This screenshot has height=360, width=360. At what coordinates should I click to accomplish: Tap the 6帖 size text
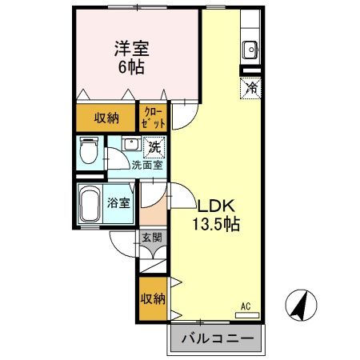click(131, 67)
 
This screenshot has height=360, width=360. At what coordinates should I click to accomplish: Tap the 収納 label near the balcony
click(153, 299)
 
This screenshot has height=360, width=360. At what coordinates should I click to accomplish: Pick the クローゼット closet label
click(154, 118)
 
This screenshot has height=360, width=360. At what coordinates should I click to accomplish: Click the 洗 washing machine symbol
click(153, 146)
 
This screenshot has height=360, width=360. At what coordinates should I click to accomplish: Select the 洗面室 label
click(147, 166)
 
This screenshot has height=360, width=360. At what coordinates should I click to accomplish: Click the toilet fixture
click(90, 150)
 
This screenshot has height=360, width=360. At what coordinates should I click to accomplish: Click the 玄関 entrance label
click(152, 238)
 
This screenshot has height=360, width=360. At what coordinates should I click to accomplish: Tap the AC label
click(246, 306)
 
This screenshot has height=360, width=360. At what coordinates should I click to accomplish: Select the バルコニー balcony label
click(215, 338)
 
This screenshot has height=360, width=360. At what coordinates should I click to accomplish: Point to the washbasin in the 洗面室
click(129, 146)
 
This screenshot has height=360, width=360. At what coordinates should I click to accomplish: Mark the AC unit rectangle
click(248, 315)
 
